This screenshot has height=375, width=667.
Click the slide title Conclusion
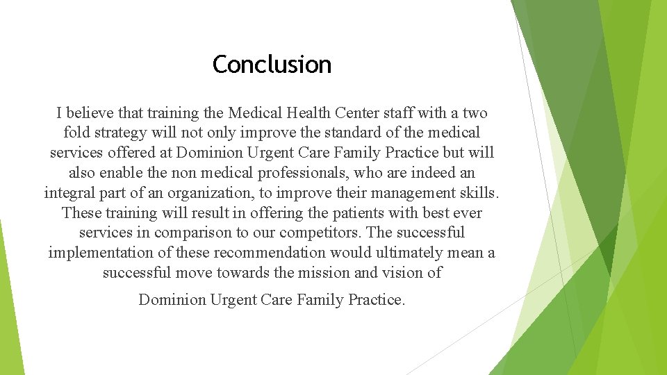click(x=272, y=65)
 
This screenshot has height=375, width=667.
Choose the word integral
click(x=69, y=192)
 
